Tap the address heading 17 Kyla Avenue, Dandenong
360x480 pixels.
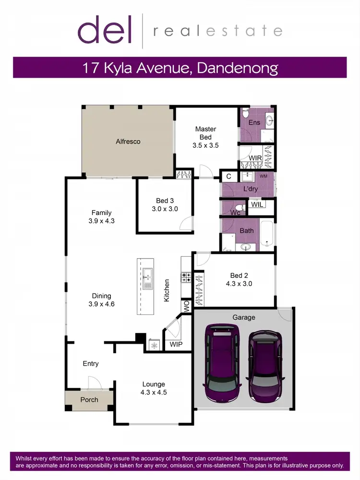tap(180, 67)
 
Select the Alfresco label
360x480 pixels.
tap(128, 142)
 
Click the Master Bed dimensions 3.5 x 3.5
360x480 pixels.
tap(205, 145)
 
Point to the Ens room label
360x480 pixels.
tap(254, 122)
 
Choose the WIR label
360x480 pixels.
tap(255, 157)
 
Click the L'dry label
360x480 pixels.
tap(250, 189)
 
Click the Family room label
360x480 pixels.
tap(101, 213)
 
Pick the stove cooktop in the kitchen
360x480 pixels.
tap(185, 277)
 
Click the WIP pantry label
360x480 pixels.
tap(176, 345)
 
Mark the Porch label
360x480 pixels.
tap(89, 399)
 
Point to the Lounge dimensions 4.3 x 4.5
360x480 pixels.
tap(154, 392)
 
